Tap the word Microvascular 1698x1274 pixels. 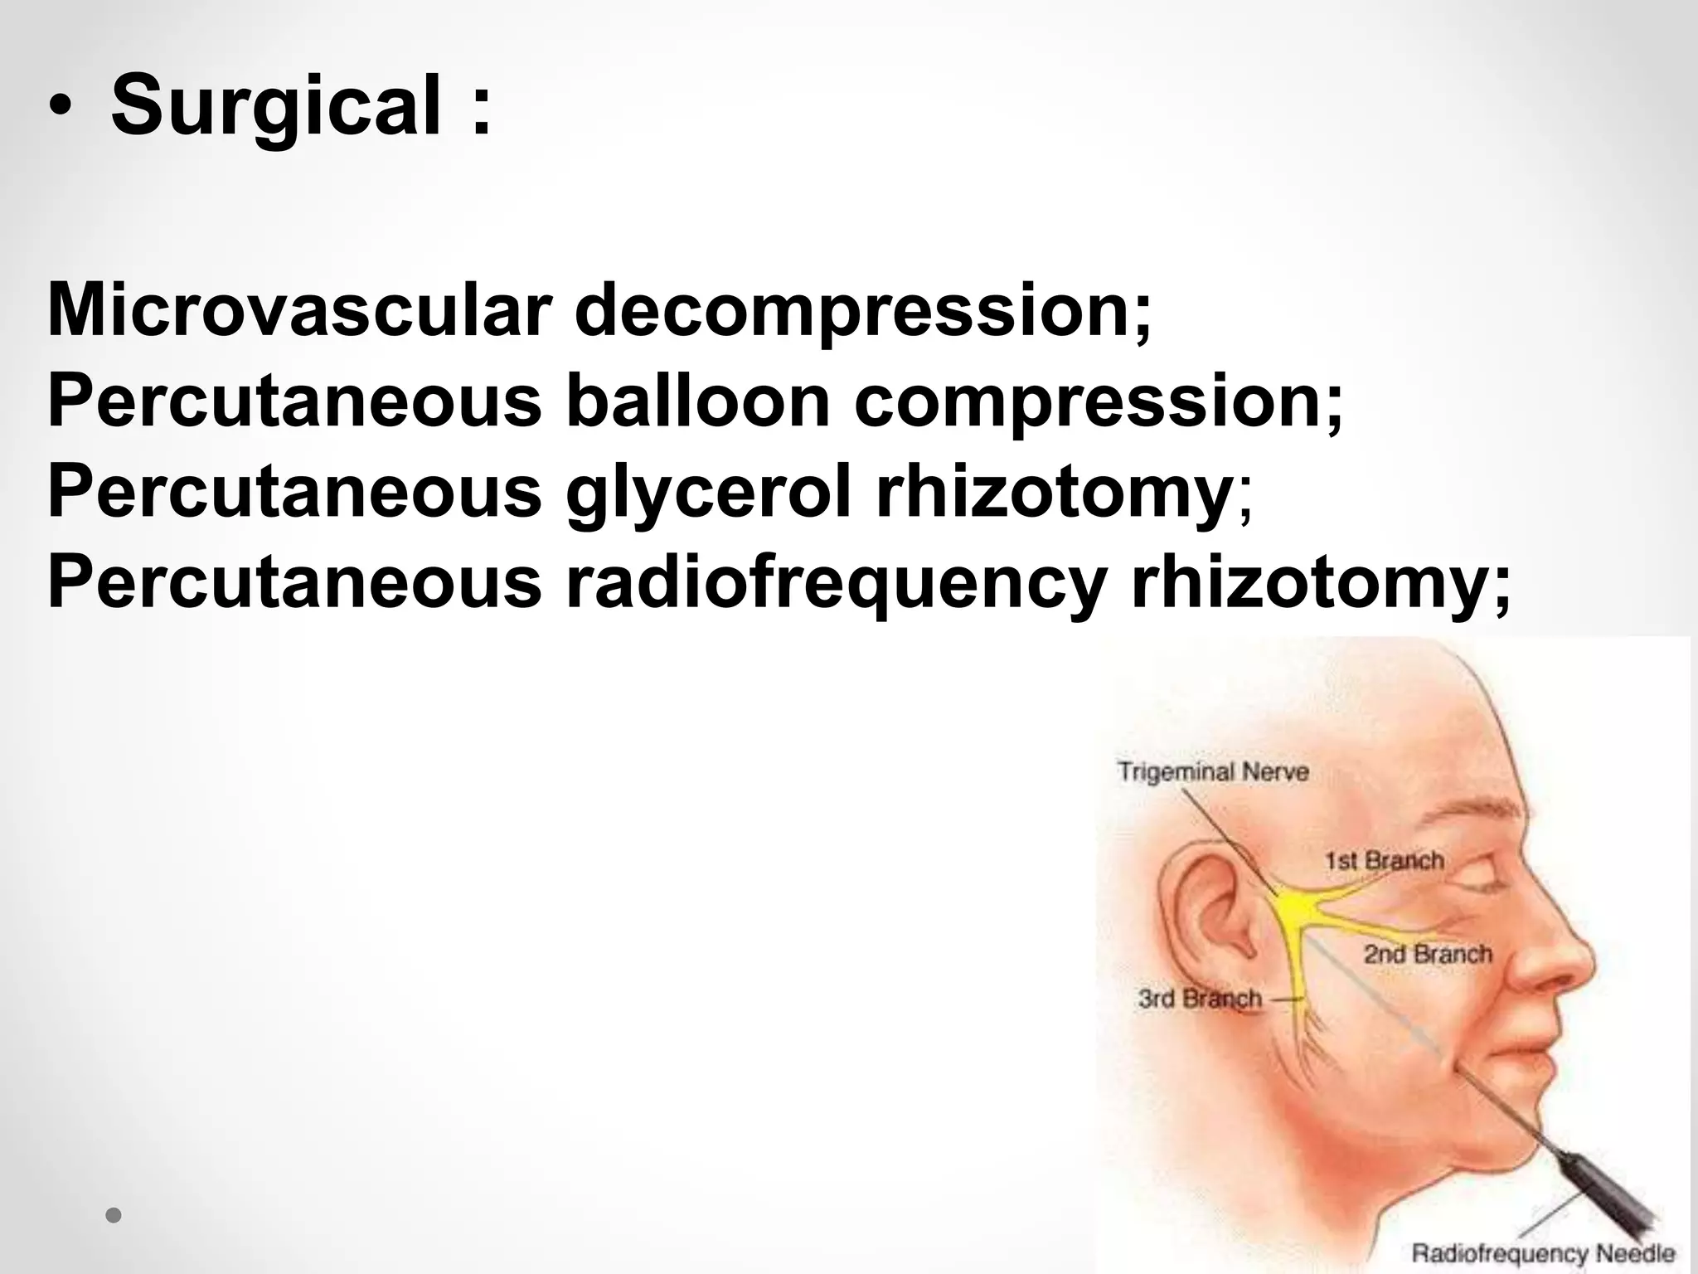(298, 311)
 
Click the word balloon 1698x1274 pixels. (697, 401)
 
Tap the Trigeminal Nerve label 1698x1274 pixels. (1213, 772)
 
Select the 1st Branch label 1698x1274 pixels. (1384, 860)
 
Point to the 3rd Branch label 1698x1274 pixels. (1200, 998)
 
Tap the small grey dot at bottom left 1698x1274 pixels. (114, 1216)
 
